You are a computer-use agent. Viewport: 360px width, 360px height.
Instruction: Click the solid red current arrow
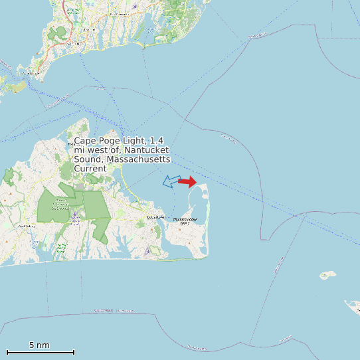187,181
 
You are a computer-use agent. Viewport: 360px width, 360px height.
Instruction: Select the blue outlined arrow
172,181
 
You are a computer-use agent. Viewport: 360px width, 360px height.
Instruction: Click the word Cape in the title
84,141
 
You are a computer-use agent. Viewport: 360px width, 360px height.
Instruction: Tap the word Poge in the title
108,141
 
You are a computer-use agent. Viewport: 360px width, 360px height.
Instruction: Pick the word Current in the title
90,169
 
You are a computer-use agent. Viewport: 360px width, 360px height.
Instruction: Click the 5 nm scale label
39,345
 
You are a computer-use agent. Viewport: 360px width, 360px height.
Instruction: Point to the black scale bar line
40,352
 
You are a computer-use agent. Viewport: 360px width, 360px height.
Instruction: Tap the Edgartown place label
155,217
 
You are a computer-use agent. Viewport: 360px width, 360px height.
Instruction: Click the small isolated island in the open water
327,274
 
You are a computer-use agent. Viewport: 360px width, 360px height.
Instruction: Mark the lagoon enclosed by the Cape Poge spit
199,199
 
